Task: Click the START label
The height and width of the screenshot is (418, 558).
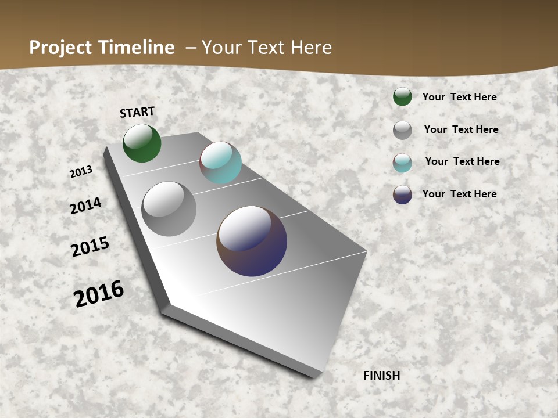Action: point(137,112)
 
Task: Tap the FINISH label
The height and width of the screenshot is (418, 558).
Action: point(382,376)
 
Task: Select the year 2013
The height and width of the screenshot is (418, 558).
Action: point(81,172)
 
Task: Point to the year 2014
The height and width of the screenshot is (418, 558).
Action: point(86,206)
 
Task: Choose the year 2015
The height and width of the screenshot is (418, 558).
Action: point(90,247)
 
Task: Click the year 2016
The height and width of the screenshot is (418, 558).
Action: point(99,293)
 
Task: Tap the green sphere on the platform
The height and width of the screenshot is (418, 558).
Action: point(142,143)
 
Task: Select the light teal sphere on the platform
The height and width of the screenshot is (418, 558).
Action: point(220,163)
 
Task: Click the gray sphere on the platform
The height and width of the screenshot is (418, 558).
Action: point(169,209)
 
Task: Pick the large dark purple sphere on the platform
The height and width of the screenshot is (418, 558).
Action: point(252,241)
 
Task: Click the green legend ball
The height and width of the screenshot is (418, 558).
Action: point(402,96)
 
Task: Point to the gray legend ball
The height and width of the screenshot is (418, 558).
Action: point(402,130)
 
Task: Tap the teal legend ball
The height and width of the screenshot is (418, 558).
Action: point(402,163)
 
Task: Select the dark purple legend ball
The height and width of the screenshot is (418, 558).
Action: point(402,194)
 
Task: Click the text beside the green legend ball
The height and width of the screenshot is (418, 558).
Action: point(459,97)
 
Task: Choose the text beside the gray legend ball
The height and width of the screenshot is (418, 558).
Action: point(461,129)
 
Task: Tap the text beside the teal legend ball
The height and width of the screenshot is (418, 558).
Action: point(462,161)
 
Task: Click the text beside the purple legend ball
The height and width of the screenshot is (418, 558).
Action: point(459,194)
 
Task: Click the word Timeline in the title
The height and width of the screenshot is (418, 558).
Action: point(137,48)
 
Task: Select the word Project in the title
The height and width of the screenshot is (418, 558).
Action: point(60,48)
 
